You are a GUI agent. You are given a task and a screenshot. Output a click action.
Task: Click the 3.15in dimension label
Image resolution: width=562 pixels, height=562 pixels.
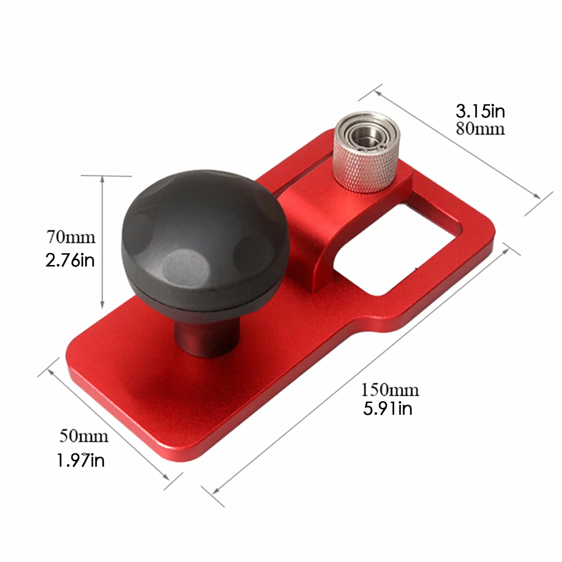[480, 111]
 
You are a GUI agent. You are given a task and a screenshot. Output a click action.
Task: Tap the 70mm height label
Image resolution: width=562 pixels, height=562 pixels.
[71, 237]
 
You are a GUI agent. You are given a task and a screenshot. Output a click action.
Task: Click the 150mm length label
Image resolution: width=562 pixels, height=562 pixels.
[390, 390]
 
